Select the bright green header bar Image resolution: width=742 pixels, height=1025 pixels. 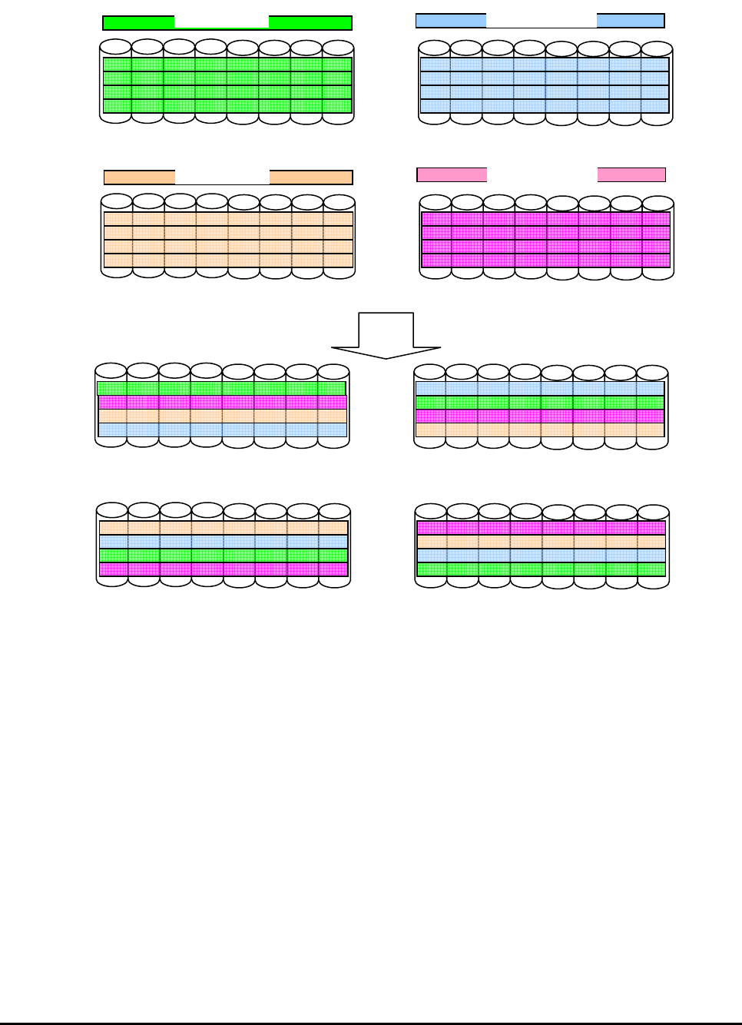click(138, 23)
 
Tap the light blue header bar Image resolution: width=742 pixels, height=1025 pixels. click(450, 21)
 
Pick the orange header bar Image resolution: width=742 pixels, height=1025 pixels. click(139, 177)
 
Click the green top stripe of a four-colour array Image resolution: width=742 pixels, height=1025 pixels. click(221, 389)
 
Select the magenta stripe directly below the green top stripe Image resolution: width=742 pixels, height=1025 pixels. click(222, 402)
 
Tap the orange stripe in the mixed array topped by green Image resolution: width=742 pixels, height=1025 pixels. click(222, 416)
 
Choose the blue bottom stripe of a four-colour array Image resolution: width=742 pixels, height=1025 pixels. click(222, 430)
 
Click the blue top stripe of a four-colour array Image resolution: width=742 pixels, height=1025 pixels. click(540, 388)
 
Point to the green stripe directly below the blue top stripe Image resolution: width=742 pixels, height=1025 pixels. click(540, 402)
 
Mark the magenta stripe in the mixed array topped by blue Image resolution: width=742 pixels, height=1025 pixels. click(540, 416)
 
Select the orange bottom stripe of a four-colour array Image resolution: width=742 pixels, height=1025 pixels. click(540, 430)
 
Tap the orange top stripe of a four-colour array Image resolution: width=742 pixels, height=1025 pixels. click(223, 528)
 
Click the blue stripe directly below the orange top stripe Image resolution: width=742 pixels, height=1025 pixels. click(223, 542)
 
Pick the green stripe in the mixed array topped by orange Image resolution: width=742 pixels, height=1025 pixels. click(223, 556)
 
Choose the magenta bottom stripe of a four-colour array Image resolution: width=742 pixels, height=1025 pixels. click(223, 569)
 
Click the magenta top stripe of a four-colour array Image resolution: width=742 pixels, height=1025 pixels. click(541, 528)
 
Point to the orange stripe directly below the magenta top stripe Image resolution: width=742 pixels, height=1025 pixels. click(541, 542)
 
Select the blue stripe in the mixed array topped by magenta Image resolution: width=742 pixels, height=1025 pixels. click(541, 556)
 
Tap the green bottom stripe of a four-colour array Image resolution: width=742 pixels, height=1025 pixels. click(541, 569)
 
